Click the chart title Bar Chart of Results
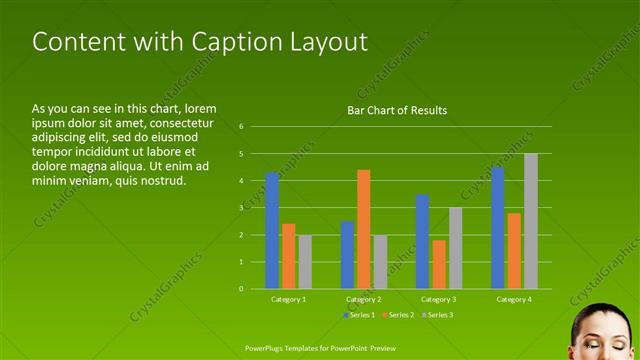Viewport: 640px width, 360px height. tap(397, 110)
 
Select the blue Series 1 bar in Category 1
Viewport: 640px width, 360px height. tap(272, 231)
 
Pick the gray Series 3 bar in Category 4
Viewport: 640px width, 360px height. tap(531, 221)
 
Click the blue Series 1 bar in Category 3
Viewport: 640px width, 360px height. tap(422, 241)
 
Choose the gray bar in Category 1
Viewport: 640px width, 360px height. tap(305, 262)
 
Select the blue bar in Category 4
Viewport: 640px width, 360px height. tap(498, 228)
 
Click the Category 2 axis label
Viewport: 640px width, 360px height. tap(363, 299)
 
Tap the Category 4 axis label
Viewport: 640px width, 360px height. tap(514, 299)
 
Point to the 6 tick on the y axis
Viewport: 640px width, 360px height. tap(241, 127)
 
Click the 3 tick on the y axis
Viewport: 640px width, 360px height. tap(241, 208)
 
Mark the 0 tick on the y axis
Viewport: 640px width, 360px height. tap(241, 289)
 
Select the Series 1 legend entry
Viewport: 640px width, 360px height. tap(359, 315)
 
